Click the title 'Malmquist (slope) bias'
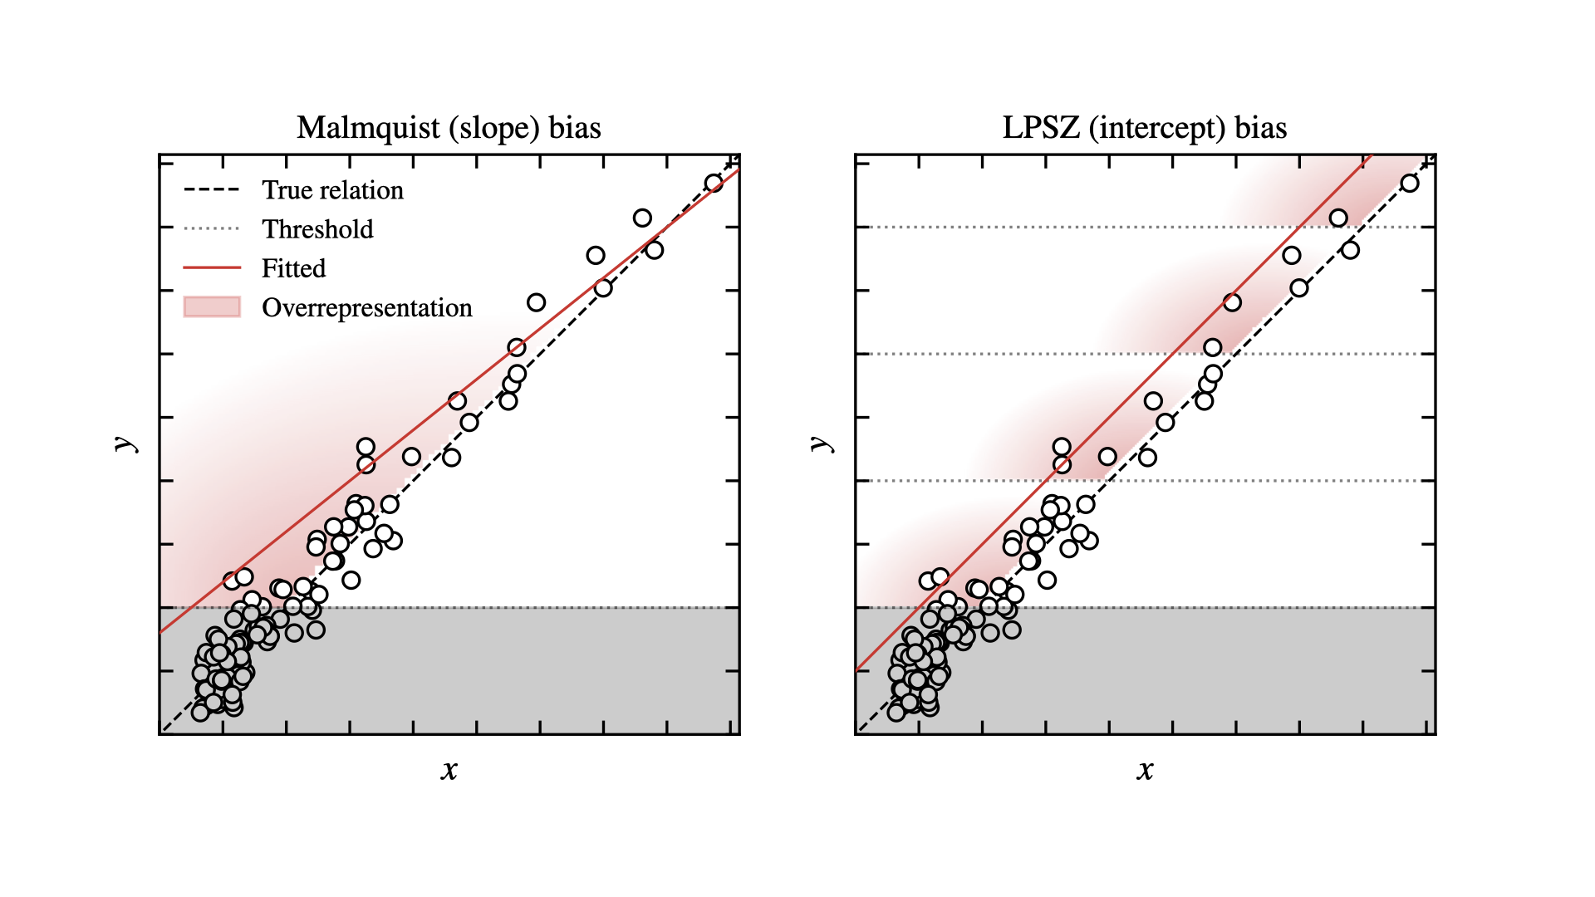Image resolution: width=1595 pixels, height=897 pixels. point(449,128)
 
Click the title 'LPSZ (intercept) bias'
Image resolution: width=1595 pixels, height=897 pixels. point(1144,128)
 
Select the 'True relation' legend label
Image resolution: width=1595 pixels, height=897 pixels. point(332,190)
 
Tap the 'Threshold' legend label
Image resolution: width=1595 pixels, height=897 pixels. point(317,229)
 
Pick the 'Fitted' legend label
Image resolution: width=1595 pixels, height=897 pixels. point(293,268)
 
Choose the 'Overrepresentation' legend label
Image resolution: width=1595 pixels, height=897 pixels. point(366,308)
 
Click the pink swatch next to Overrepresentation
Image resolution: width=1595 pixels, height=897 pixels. point(212,307)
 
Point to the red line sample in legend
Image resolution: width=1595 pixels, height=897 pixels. point(212,268)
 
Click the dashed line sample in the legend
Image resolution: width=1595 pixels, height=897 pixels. point(212,190)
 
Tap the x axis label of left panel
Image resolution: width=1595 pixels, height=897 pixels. point(449,770)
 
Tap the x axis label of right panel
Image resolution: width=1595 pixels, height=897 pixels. point(1145,770)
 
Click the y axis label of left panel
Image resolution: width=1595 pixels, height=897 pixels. point(125,444)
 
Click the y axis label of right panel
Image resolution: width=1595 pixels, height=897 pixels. point(822,444)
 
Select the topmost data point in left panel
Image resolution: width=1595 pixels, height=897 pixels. point(714,184)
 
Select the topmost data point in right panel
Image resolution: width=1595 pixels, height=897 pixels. point(1410,184)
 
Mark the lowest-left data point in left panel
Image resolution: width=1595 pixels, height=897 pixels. point(200,712)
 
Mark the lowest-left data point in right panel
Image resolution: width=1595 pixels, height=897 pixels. point(896,712)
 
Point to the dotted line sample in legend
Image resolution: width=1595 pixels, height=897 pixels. point(212,229)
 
